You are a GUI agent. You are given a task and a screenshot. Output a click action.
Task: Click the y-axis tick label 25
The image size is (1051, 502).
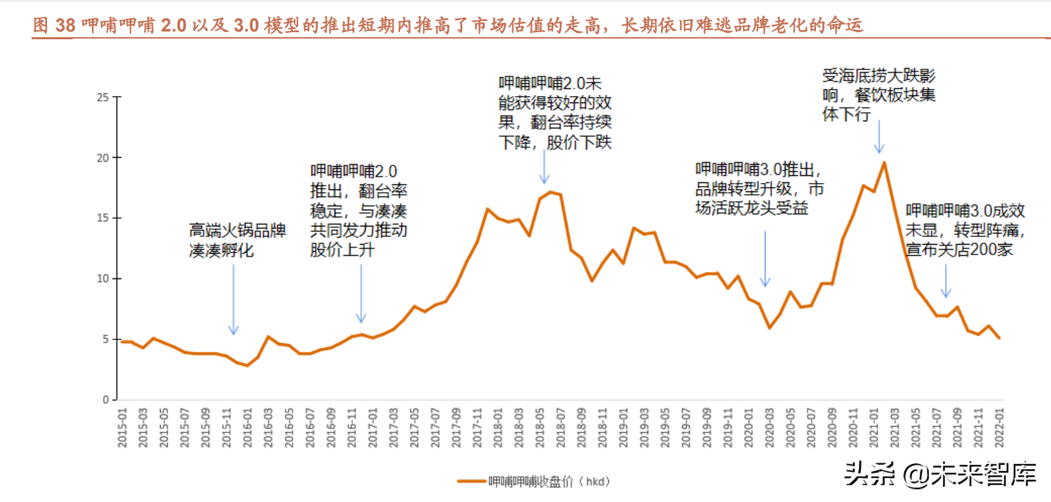point(102,97)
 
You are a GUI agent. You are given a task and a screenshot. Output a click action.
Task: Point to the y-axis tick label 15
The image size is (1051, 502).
point(102,218)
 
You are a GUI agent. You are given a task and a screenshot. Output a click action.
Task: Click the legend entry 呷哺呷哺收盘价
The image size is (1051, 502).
point(533,482)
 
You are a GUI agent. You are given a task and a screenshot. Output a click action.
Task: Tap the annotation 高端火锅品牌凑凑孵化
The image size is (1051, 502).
point(237,240)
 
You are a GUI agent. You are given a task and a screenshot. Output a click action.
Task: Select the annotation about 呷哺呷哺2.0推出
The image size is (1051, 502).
point(359,210)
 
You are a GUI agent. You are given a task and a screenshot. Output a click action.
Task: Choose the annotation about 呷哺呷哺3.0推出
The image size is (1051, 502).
point(760,189)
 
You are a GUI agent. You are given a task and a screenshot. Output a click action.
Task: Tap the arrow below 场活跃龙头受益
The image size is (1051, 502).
point(765,258)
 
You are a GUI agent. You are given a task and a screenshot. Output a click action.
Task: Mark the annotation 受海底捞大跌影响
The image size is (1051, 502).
point(879,95)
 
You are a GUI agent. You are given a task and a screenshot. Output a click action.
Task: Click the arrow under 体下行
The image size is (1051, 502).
point(879,137)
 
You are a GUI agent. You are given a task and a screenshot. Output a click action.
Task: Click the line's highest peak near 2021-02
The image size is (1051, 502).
point(884,163)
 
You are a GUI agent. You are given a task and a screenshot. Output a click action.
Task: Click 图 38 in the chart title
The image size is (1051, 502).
point(53,26)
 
